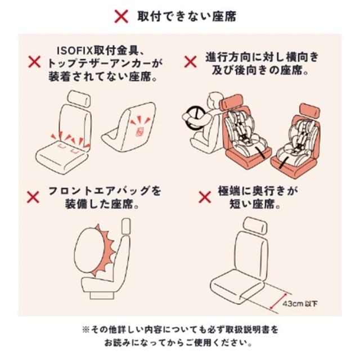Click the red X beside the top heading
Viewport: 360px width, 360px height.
[x=121, y=16]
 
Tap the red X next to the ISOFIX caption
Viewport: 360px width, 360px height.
[x=34, y=62]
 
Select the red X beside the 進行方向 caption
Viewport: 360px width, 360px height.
[x=190, y=62]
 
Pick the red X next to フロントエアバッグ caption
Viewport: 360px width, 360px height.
[x=33, y=197]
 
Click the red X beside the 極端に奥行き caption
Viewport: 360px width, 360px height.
[x=205, y=197]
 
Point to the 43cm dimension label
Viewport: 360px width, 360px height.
[x=300, y=304]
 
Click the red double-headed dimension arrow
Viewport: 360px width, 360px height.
[x=278, y=301]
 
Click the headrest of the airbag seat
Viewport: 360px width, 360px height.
[x=127, y=226]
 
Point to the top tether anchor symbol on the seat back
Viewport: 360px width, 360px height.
[x=140, y=131]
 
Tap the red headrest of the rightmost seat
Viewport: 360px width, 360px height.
[x=310, y=111]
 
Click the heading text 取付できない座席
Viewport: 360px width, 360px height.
[x=187, y=16]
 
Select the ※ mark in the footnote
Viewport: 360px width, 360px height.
[x=85, y=330]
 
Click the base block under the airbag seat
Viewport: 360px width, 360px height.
[x=102, y=295]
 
